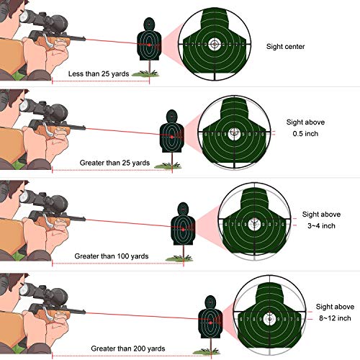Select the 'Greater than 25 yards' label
(115, 163)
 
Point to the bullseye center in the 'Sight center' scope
(214, 45)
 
